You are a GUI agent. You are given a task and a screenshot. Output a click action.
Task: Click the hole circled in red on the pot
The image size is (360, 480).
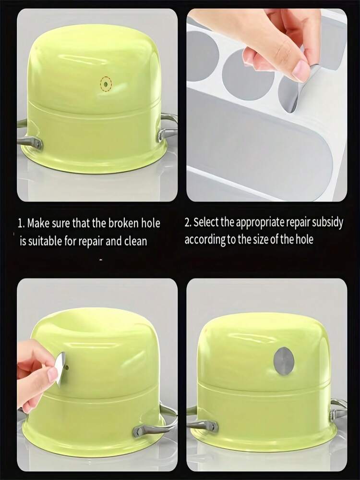106,84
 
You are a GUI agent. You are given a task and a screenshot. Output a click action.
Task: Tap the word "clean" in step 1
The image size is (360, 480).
135,241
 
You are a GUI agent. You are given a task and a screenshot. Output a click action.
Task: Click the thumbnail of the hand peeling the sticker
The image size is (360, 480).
267,105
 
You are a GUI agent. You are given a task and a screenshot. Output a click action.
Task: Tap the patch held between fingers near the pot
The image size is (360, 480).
61,369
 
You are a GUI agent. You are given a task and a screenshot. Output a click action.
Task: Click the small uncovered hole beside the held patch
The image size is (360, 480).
67,366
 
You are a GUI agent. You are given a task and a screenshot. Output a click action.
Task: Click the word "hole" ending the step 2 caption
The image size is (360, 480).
304,239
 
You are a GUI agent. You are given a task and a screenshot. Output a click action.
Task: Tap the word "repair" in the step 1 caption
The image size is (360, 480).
91,242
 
